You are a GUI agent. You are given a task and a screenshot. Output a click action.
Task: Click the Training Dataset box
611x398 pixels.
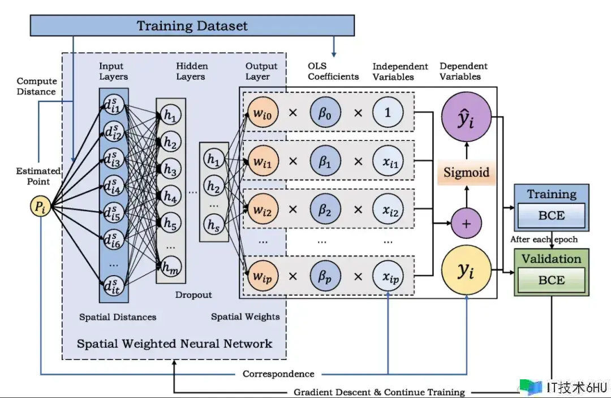(x=192, y=25)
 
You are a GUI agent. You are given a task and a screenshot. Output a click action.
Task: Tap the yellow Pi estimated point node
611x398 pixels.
(x=41, y=206)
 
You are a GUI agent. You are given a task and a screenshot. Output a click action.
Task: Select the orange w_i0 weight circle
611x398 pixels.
(x=263, y=113)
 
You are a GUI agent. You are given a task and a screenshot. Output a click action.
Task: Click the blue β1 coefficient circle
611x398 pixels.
(x=325, y=161)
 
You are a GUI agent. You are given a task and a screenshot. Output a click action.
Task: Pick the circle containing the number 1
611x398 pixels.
(x=388, y=113)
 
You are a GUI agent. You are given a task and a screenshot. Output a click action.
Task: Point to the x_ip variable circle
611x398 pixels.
(x=388, y=276)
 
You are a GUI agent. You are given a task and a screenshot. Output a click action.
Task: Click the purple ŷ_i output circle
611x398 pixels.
(x=466, y=117)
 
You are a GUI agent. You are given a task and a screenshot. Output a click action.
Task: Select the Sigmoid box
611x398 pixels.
(x=466, y=172)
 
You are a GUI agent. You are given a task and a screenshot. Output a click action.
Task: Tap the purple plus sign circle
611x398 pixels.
(x=466, y=224)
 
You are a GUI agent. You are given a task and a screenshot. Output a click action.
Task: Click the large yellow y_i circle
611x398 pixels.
(x=466, y=270)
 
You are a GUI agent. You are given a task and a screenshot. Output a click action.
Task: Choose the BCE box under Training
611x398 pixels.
(x=552, y=215)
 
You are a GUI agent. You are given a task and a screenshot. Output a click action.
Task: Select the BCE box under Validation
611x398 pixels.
(x=552, y=280)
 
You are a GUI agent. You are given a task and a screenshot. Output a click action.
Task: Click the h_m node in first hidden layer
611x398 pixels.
(x=171, y=267)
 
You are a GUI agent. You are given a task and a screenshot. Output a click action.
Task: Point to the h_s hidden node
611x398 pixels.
(x=213, y=225)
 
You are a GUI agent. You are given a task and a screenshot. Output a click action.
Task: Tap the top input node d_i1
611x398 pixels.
(x=114, y=105)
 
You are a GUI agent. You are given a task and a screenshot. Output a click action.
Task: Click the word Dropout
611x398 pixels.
(x=193, y=295)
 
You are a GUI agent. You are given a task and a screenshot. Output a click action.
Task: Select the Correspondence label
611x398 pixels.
(x=278, y=374)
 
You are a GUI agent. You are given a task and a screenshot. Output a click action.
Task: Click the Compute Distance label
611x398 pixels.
(x=37, y=86)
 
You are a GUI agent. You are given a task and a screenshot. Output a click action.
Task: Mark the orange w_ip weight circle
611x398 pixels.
(x=263, y=276)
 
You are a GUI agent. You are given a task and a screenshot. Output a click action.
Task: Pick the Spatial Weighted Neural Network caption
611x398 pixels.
(x=175, y=344)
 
